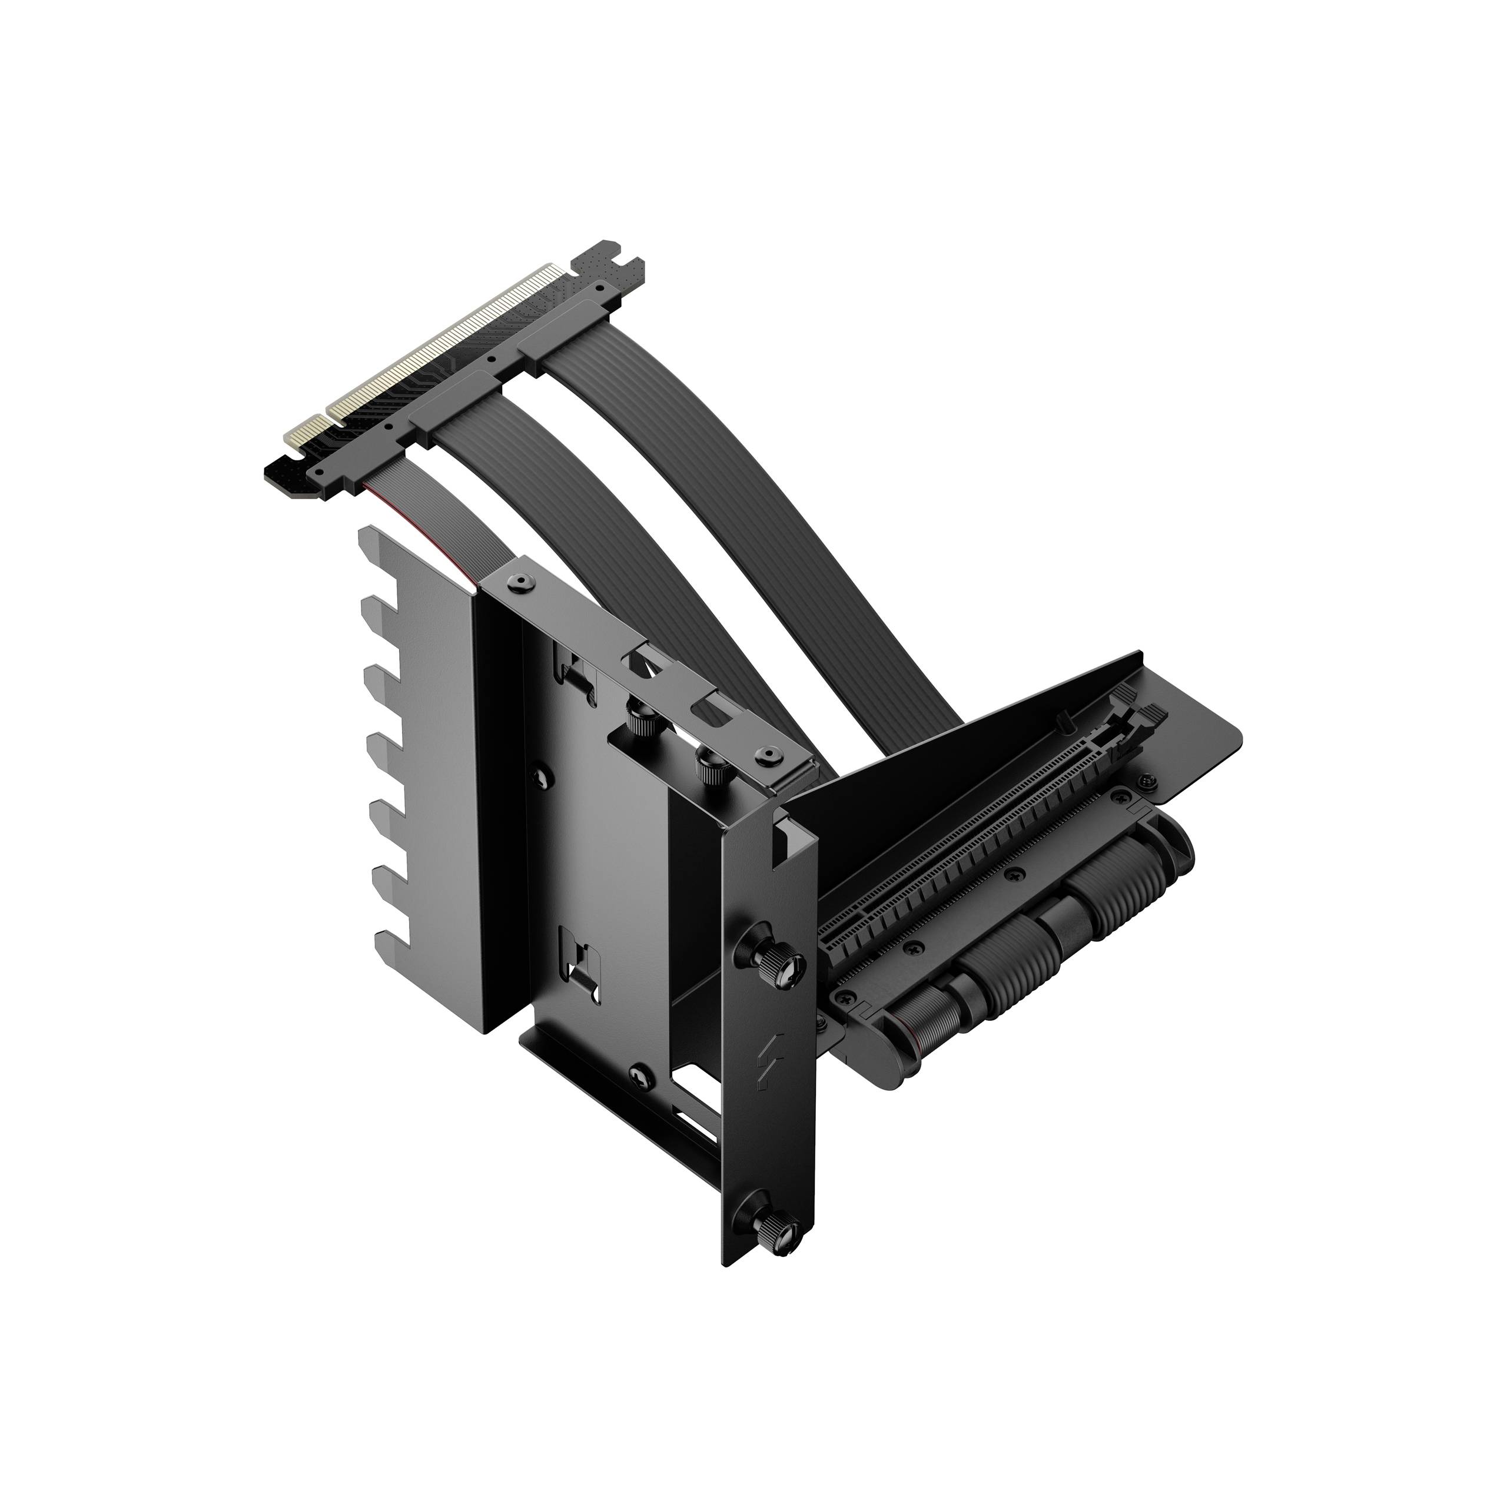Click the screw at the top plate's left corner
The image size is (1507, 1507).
518,582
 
